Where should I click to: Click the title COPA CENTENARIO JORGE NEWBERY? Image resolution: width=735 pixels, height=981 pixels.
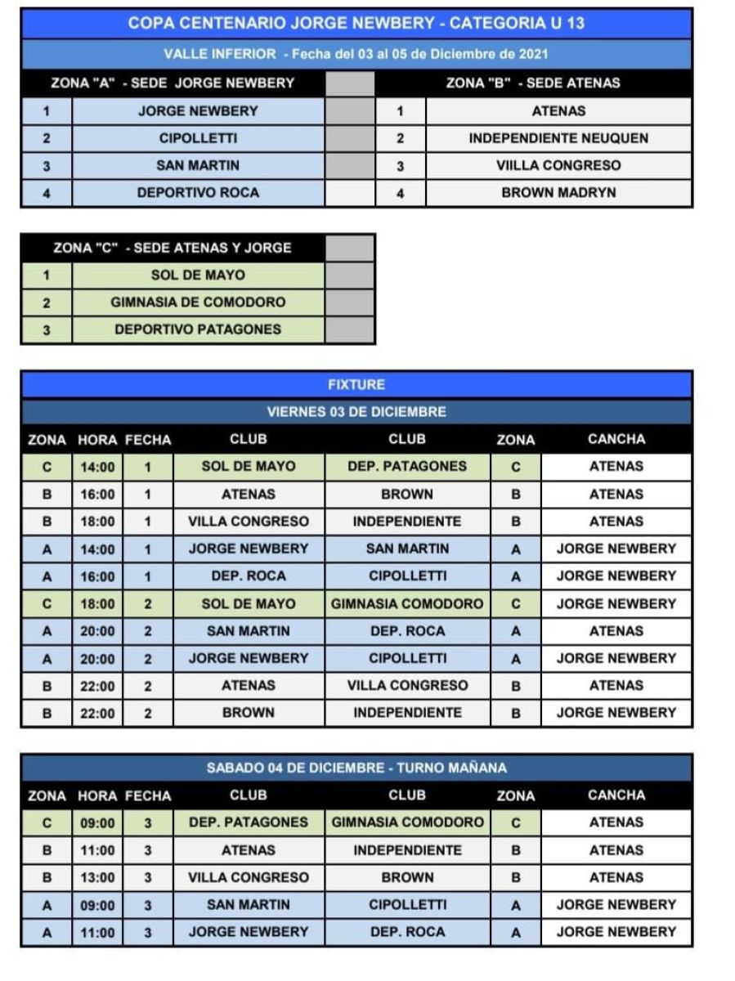(x=356, y=23)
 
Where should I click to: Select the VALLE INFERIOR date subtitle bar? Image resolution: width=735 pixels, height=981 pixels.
(x=356, y=54)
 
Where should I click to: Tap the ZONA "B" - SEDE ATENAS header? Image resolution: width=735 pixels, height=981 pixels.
(x=533, y=83)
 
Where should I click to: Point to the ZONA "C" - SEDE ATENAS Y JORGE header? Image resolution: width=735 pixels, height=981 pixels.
(x=173, y=248)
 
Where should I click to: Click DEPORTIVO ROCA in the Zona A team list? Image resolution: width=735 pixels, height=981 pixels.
(x=198, y=193)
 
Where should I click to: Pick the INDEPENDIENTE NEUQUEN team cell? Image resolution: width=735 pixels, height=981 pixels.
(x=558, y=138)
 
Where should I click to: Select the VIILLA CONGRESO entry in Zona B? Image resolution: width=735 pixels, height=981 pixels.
(x=558, y=165)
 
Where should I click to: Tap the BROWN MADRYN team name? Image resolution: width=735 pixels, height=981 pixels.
(x=558, y=193)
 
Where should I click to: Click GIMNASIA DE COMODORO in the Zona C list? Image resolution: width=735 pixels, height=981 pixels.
(x=198, y=302)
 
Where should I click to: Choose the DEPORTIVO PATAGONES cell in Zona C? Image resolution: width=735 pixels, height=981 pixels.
(x=198, y=329)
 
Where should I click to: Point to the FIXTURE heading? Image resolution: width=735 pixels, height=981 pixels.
(x=356, y=384)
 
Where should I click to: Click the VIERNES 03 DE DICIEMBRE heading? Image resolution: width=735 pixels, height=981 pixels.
(x=356, y=411)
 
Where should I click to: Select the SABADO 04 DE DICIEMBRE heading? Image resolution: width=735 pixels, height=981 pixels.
(x=356, y=768)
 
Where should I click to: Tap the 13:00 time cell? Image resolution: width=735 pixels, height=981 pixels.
(x=98, y=877)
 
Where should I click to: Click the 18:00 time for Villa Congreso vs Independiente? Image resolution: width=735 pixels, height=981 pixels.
(x=98, y=522)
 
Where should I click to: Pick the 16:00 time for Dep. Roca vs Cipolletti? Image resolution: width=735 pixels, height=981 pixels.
(x=98, y=576)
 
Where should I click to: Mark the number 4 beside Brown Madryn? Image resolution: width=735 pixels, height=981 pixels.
(x=400, y=194)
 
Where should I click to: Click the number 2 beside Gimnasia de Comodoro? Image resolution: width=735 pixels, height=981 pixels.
(x=47, y=302)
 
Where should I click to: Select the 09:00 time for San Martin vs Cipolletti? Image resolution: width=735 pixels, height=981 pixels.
(x=98, y=905)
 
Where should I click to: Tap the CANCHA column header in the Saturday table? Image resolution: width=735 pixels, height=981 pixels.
(x=616, y=795)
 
